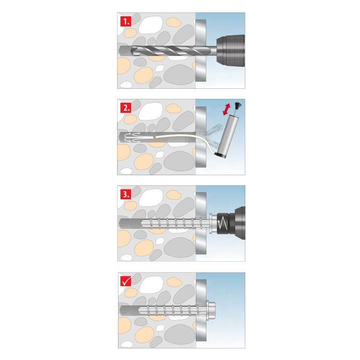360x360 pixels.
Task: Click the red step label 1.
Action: point(125,21)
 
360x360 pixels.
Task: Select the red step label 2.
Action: point(125,107)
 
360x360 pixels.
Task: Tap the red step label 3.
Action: point(125,194)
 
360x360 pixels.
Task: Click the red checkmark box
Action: point(125,281)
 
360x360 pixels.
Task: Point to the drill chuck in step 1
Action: point(230,50)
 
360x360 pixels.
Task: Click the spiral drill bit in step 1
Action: point(168,51)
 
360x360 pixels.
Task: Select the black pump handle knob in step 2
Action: point(238,105)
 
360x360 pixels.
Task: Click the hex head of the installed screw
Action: point(214,310)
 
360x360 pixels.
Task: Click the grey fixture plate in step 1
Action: point(201,67)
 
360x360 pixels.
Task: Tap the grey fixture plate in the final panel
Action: point(201,331)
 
